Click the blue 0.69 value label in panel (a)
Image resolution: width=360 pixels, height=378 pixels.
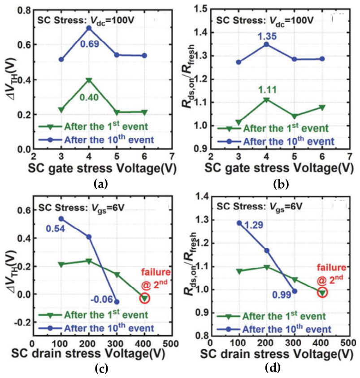pyautogui.click(x=89, y=44)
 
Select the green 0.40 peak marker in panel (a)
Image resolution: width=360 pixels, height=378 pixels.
pyautogui.click(x=89, y=80)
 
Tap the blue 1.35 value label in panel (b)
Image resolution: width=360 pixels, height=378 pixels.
pyautogui.click(x=267, y=36)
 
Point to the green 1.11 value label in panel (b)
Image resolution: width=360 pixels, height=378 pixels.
pyautogui.click(x=267, y=90)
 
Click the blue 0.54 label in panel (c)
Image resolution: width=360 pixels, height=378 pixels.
pyautogui.click(x=56, y=229)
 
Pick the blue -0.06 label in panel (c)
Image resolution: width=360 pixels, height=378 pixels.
pyautogui.click(x=102, y=300)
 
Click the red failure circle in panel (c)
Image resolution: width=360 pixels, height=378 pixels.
pyautogui.click(x=144, y=298)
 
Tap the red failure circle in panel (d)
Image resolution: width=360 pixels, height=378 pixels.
pyautogui.click(x=322, y=292)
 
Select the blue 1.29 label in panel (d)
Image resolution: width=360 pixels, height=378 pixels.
pyautogui.click(x=254, y=225)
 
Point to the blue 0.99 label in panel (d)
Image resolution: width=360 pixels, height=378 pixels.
pyautogui.click(x=282, y=295)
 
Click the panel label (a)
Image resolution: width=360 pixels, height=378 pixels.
pyautogui.click(x=101, y=184)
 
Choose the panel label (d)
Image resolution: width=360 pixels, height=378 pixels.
pyautogui.click(x=273, y=368)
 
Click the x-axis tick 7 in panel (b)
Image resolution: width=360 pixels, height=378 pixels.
pyautogui.click(x=349, y=156)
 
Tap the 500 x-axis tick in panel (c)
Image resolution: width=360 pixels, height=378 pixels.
pyautogui.click(x=170, y=343)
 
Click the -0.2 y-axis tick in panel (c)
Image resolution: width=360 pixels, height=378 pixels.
pyautogui.click(x=22, y=322)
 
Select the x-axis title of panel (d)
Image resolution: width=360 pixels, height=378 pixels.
pyautogui.click(x=277, y=354)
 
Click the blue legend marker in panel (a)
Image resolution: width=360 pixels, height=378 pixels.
pyautogui.click(x=50, y=139)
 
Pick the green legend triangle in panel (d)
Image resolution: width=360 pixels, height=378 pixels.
pyautogui.click(x=229, y=317)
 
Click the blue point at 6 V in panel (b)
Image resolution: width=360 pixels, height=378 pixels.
pyautogui.click(x=322, y=59)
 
